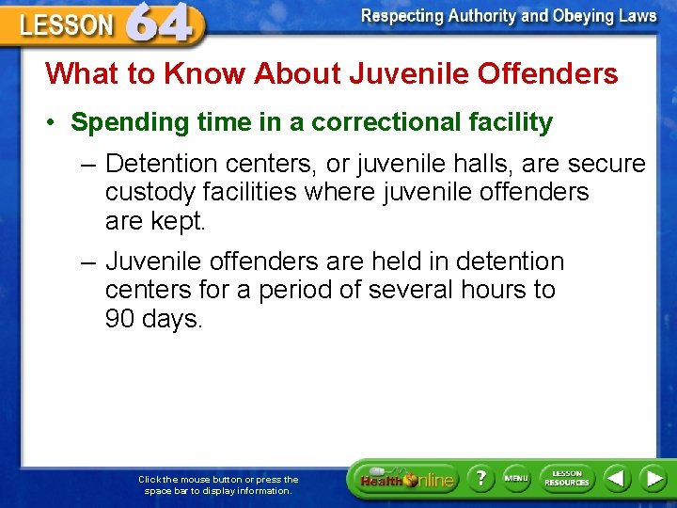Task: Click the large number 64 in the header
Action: click(165, 23)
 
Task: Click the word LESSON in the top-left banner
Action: click(65, 25)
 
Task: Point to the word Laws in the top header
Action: click(638, 16)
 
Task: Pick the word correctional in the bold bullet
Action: click(377, 122)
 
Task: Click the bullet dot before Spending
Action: click(55, 122)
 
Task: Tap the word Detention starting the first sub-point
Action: click(161, 164)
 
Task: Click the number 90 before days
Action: click(120, 319)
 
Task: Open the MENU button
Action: click(516, 478)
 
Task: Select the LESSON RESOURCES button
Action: click(567, 478)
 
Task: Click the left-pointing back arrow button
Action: click(616, 478)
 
